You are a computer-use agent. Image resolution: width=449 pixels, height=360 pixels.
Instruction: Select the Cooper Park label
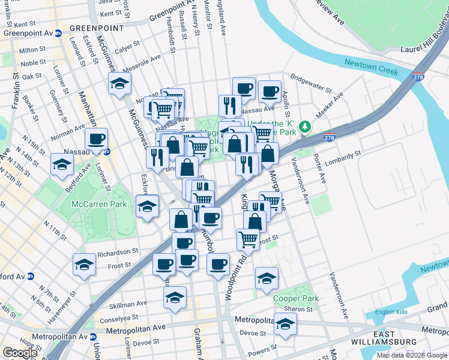click(x=295, y=298)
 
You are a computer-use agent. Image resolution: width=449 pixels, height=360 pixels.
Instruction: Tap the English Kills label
click(x=390, y=312)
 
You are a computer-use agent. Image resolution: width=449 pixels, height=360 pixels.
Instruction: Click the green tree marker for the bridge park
click(x=305, y=127)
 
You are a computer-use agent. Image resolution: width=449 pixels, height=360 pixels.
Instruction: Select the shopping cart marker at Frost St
click(x=248, y=239)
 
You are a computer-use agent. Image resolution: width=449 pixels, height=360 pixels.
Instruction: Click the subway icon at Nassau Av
click(x=106, y=152)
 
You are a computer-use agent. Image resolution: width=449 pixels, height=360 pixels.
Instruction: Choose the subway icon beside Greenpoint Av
click(x=58, y=34)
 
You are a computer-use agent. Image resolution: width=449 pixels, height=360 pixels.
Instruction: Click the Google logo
click(x=20, y=353)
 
